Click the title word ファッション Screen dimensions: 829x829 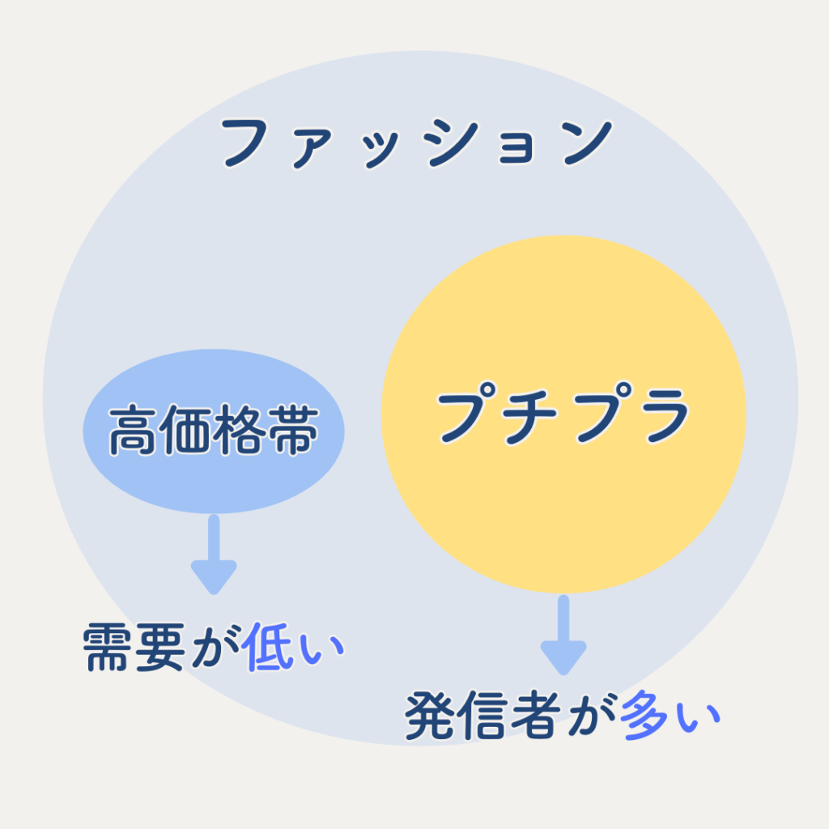(414, 144)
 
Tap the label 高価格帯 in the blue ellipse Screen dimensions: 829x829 (214, 432)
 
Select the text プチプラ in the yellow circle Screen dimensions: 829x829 (563, 414)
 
